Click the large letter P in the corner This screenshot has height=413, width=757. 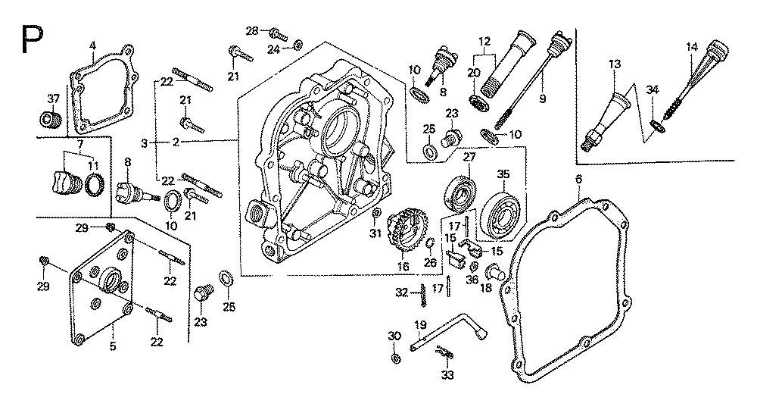tap(32, 39)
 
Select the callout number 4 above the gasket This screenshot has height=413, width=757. tap(92, 46)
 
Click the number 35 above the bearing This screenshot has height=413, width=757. tap(503, 174)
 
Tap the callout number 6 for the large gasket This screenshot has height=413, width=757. tap(578, 178)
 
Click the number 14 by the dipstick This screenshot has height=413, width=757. tap(691, 47)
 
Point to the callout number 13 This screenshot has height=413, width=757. tap(614, 64)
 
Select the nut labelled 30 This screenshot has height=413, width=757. tap(396, 357)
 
